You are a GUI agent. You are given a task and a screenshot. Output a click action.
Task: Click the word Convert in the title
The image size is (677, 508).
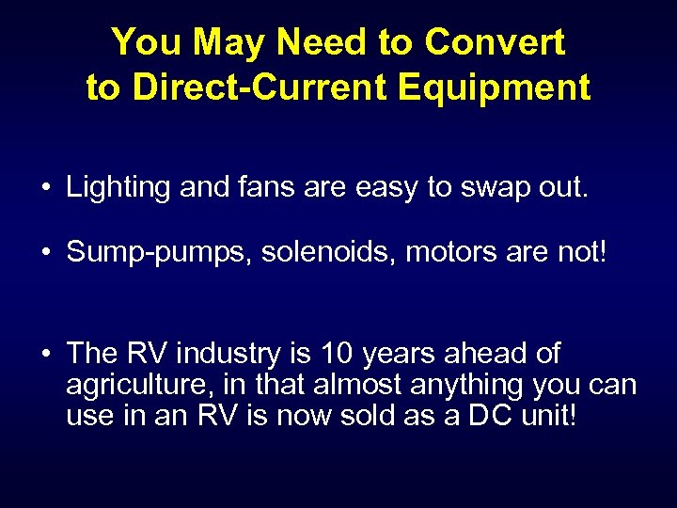495,42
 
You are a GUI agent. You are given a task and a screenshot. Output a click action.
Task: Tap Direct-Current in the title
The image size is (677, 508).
261,87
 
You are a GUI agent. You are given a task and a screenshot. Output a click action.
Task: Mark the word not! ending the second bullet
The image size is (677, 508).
586,252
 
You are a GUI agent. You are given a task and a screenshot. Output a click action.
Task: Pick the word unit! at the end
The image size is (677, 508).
550,415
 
